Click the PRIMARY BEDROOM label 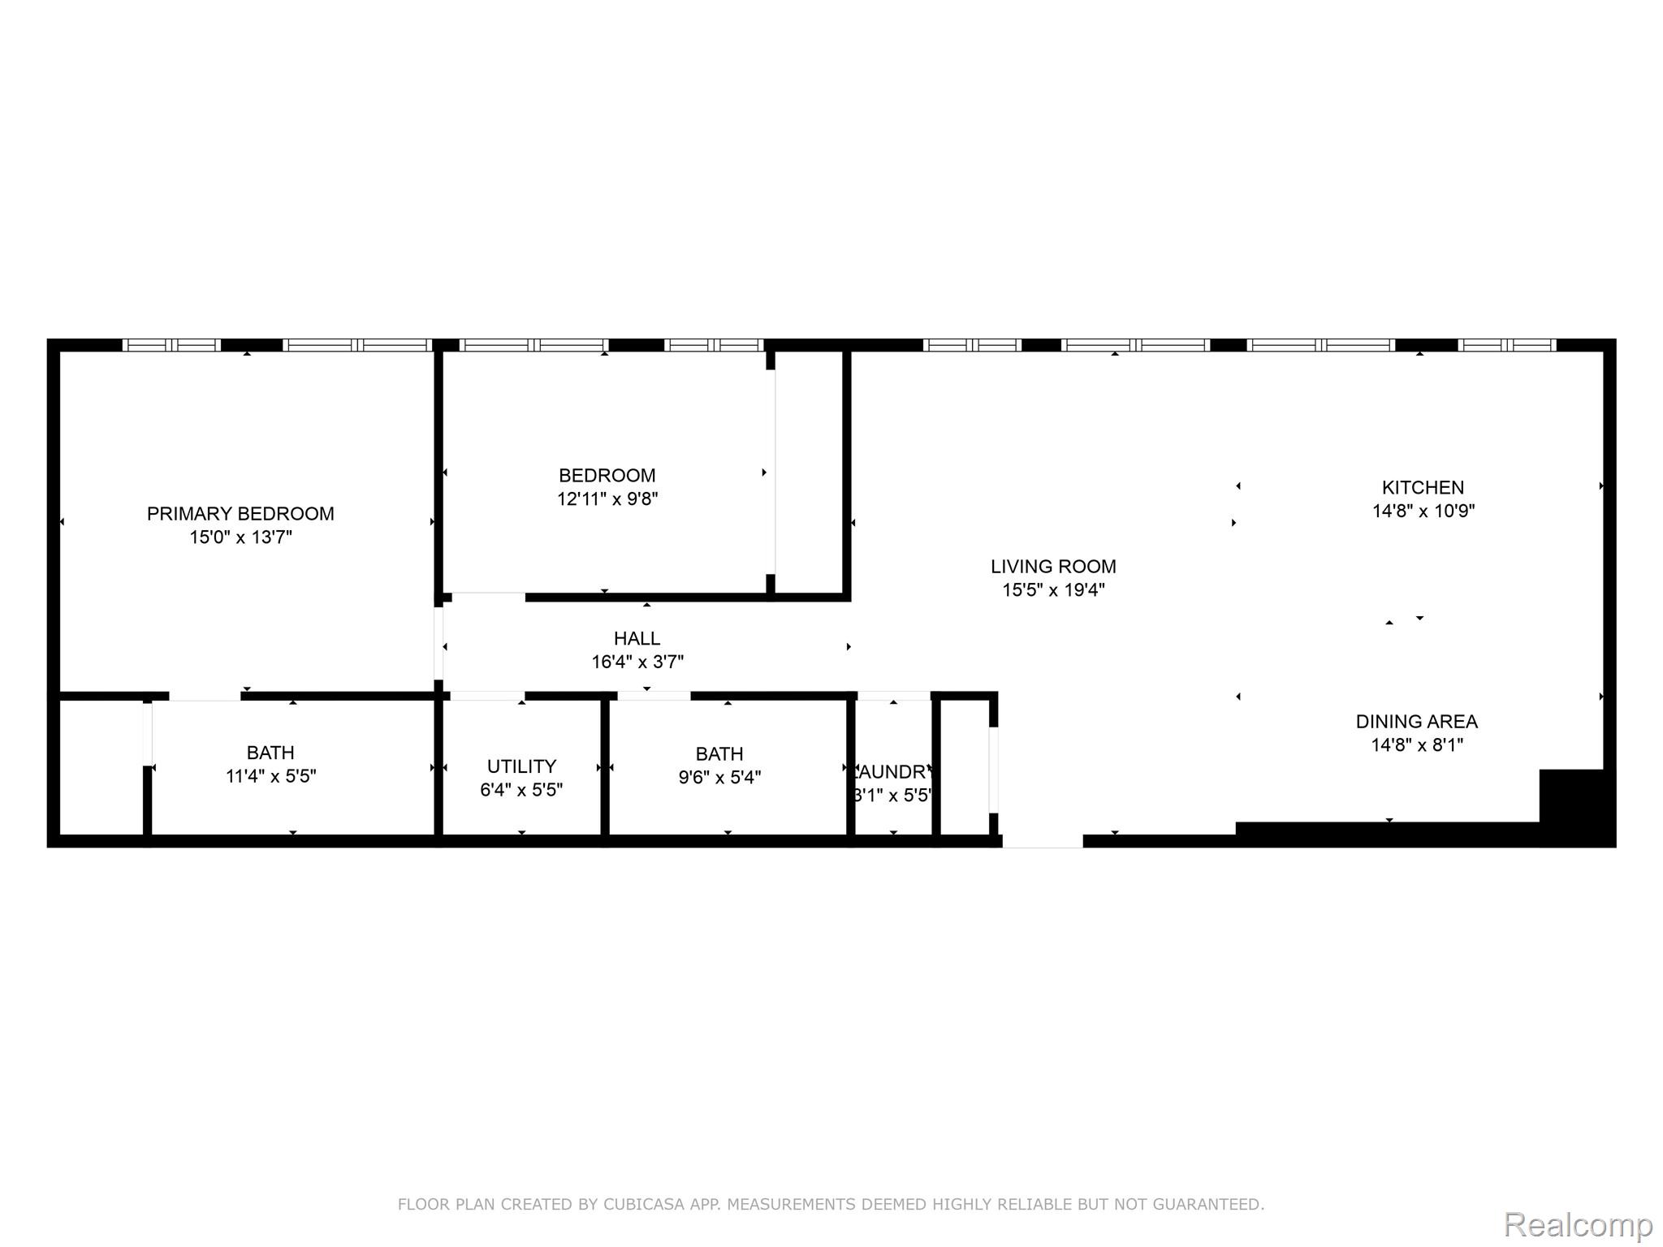tap(240, 514)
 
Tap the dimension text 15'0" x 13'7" tap(240, 537)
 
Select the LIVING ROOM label tap(1053, 567)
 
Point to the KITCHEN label tap(1423, 488)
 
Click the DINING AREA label tap(1416, 722)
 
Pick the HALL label tap(637, 639)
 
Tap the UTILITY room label tap(521, 766)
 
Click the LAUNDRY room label tap(892, 772)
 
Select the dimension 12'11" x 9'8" tap(607, 499)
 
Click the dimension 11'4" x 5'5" tap(270, 777)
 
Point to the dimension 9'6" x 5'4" tap(719, 778)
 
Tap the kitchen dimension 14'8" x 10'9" tap(1423, 511)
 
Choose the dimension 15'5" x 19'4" tap(1053, 590)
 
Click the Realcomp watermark tap(1578, 1225)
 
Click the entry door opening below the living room tap(1043, 841)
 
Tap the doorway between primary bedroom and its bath tap(205, 696)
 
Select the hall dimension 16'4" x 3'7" tap(637, 662)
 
